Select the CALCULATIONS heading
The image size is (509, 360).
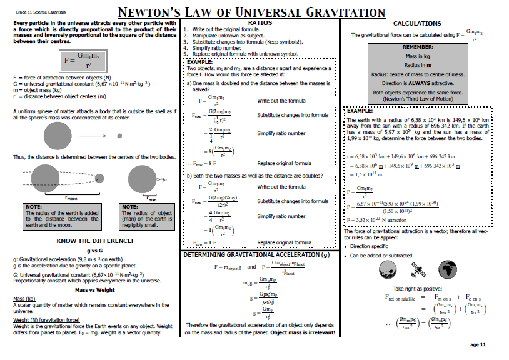click(x=416, y=24)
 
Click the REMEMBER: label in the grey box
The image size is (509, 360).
click(x=418, y=47)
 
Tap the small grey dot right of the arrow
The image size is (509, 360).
click(x=119, y=135)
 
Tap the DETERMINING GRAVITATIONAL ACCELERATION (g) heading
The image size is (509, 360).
click(x=256, y=255)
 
